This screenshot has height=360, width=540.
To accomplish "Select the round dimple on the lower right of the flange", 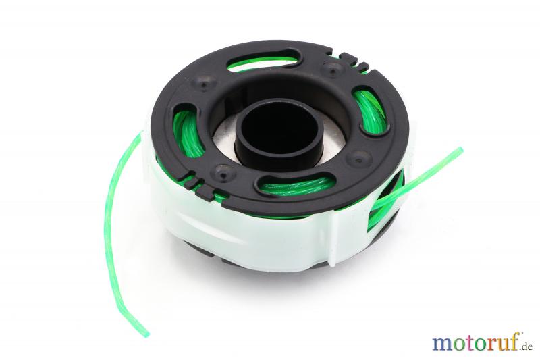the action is [358, 158].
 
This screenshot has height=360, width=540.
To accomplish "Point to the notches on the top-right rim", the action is [354, 62].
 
